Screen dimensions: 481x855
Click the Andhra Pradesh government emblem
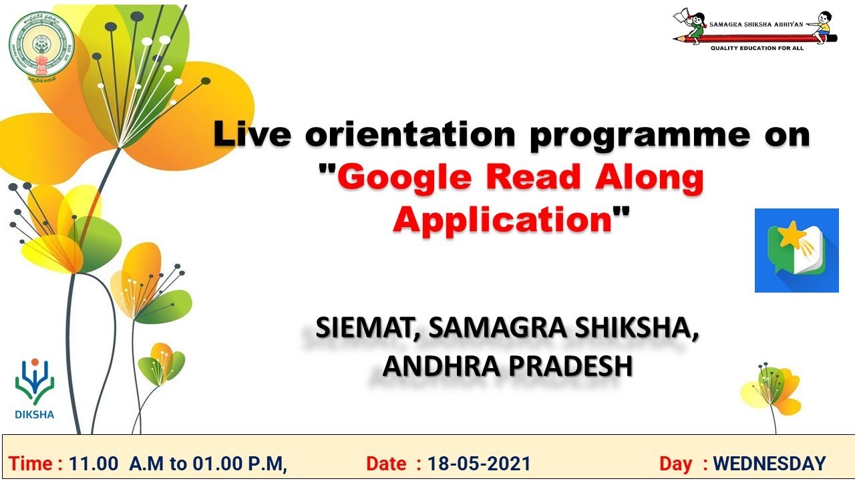pyautogui.click(x=41, y=47)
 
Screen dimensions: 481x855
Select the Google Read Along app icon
pyautogui.click(x=796, y=251)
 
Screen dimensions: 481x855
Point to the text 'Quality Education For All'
pyautogui.click(x=757, y=48)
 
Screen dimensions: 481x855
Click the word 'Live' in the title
pyautogui.click(x=252, y=134)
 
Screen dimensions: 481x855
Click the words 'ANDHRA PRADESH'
pyautogui.click(x=507, y=365)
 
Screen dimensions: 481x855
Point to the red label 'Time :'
pyautogui.click(x=36, y=464)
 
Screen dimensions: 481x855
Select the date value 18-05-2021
pyautogui.click(x=480, y=464)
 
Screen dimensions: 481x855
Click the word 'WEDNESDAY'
pyautogui.click(x=769, y=464)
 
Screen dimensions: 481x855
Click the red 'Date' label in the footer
pyautogui.click(x=385, y=464)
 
